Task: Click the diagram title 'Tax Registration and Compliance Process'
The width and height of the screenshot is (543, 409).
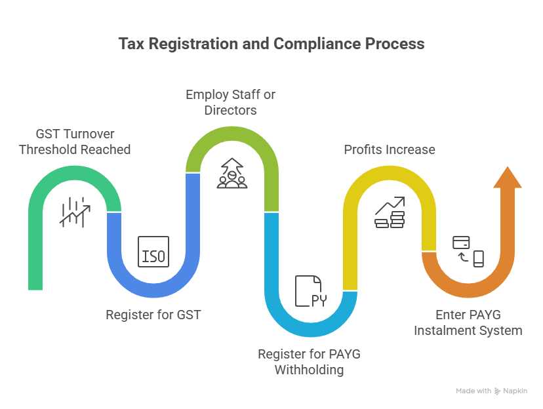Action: [271, 44]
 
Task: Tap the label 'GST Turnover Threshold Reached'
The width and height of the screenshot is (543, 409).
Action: [75, 141]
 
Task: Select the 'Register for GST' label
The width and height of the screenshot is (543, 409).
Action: [153, 315]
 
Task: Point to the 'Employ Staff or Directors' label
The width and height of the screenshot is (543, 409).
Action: [230, 102]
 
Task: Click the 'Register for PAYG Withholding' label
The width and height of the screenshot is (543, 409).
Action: [309, 362]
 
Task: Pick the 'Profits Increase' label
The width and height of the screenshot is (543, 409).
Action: [390, 149]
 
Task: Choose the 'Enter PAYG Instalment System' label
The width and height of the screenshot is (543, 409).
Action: [468, 322]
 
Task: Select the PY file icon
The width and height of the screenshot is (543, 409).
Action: [309, 292]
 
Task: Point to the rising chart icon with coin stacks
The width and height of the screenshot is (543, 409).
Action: [390, 212]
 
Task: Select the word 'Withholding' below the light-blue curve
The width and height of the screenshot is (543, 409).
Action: [309, 370]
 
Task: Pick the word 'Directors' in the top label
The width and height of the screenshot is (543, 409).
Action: [230, 110]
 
